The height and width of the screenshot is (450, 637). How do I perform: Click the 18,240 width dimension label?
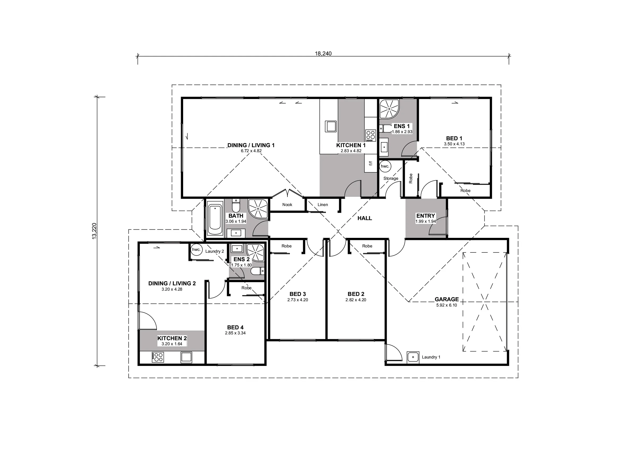point(323,54)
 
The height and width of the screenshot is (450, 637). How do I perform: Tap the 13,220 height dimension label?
point(94,231)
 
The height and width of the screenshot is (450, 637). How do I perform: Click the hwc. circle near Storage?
point(385,166)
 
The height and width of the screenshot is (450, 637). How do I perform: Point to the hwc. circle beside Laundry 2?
point(196,250)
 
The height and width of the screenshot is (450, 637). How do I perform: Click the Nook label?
point(287,205)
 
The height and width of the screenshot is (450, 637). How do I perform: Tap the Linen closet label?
point(323,205)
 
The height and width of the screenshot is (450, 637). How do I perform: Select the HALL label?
point(365,218)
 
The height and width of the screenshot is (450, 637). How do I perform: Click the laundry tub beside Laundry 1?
point(413,357)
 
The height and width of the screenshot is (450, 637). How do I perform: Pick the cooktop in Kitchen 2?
point(158,357)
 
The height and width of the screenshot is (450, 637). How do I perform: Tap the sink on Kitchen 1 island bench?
point(331,127)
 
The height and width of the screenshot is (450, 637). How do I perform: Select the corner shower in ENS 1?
point(389,109)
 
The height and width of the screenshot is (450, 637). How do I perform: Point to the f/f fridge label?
point(370,164)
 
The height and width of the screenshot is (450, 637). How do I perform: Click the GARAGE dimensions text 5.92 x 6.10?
point(446,305)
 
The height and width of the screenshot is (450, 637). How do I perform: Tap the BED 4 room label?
point(235,327)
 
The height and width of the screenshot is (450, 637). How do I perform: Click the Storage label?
point(391,178)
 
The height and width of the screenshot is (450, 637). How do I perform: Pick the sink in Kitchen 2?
point(186,357)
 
